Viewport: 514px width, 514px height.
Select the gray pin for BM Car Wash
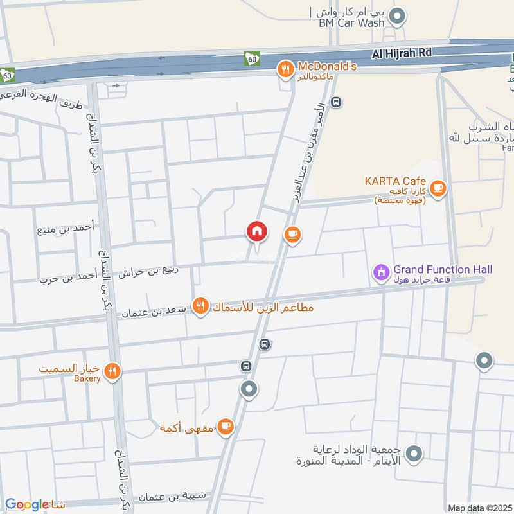click(x=398, y=17)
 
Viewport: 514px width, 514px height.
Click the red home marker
click(x=257, y=232)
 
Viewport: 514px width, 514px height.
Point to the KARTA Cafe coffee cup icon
click(x=438, y=188)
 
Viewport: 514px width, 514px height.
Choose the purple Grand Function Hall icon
click(x=382, y=272)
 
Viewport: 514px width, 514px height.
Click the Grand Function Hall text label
click(x=443, y=269)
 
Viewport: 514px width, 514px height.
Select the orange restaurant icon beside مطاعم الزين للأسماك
click(x=200, y=306)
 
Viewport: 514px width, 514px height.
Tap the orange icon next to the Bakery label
click(x=113, y=371)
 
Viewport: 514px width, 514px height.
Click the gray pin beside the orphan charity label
click(x=414, y=454)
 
